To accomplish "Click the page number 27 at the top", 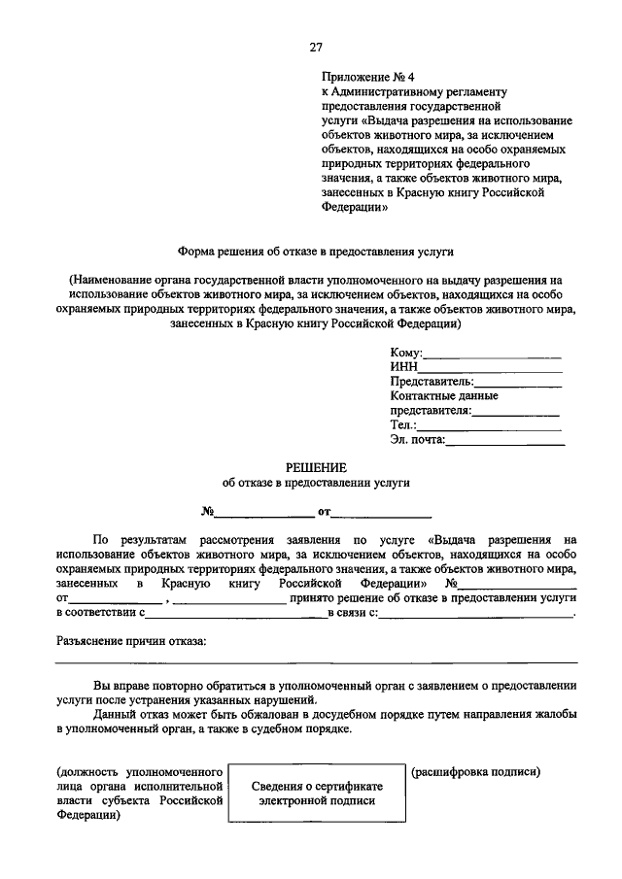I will pos(316,47).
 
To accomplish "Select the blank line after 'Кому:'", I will pos(492,353).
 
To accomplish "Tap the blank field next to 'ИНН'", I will pos(490,367).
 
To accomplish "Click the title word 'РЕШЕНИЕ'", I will pos(316,467).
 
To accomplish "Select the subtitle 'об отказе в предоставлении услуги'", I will pos(316,482).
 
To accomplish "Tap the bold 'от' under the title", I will pos(324,511).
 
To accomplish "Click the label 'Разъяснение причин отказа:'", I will pos(131,641).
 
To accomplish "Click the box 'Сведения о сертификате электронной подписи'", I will pos(317,794).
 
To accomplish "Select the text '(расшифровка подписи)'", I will pos(475,771).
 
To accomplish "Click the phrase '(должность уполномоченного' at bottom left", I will pos(141,771).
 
